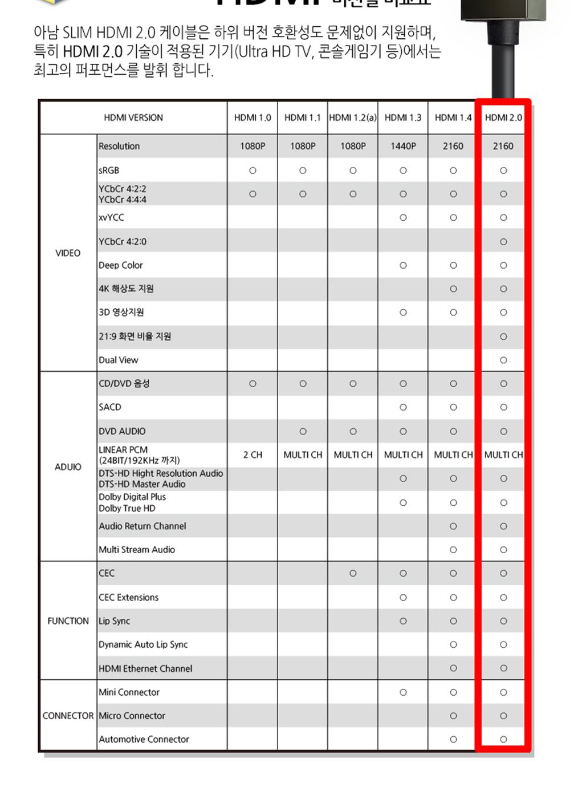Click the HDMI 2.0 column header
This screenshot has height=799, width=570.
(503, 118)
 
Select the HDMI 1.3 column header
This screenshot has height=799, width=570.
(403, 118)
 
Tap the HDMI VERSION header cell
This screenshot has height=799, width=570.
(133, 118)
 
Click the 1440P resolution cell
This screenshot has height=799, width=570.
(403, 146)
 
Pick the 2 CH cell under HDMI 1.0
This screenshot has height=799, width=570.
(253, 455)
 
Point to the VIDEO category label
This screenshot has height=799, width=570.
(68, 253)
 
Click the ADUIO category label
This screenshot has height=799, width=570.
(68, 467)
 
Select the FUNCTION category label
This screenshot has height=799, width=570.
(68, 621)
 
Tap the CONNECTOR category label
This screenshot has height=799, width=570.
(68, 716)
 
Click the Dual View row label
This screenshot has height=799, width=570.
(119, 360)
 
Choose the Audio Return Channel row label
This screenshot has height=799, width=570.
(142, 526)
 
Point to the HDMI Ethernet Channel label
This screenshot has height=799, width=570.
(145, 668)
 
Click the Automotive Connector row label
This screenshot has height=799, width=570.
(144, 740)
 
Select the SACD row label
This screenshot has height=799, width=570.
(110, 407)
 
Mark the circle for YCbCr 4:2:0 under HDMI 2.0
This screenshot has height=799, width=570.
(503, 242)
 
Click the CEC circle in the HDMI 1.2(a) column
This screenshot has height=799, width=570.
(353, 574)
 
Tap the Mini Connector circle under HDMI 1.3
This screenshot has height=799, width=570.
(403, 692)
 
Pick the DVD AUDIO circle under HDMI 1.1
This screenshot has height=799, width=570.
(303, 432)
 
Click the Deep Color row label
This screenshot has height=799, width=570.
(121, 265)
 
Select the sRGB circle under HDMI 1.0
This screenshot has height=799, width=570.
(253, 171)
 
